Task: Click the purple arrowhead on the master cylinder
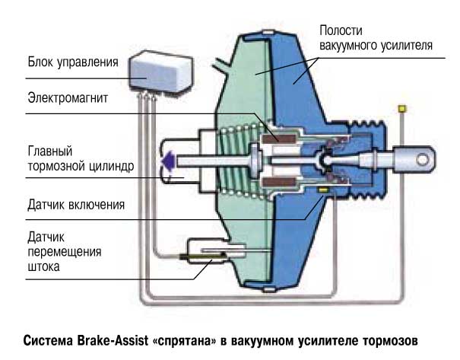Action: tap(167, 160)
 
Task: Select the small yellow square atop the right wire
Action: tap(397, 110)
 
